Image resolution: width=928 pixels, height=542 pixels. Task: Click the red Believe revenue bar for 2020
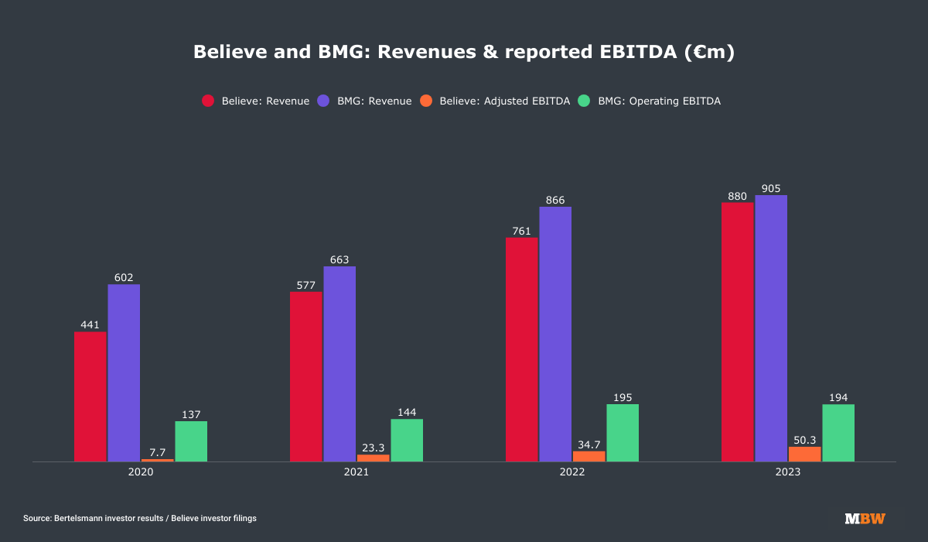tap(90, 396)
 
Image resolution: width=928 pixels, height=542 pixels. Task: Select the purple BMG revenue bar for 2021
tap(339, 364)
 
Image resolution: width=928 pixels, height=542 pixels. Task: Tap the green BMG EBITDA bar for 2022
tap(623, 433)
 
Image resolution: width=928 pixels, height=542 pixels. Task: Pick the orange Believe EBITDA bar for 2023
tap(805, 454)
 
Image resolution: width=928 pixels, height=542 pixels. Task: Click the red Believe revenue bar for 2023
tap(738, 332)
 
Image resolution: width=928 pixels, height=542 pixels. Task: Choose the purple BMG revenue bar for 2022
tap(555, 334)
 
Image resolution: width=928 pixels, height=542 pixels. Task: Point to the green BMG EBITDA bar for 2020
tap(191, 441)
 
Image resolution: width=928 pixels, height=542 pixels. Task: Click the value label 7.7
tap(158, 451)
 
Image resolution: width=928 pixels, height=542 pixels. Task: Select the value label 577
tap(305, 285)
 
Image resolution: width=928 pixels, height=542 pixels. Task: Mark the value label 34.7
tap(589, 444)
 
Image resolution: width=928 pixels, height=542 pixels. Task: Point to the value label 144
tap(407, 412)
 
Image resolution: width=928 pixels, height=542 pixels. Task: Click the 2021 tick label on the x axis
tap(357, 472)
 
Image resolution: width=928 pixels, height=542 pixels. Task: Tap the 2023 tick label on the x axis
tap(788, 472)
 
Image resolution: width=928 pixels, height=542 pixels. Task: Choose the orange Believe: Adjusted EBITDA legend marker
tap(427, 101)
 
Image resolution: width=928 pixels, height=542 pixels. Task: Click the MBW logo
tap(865, 518)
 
